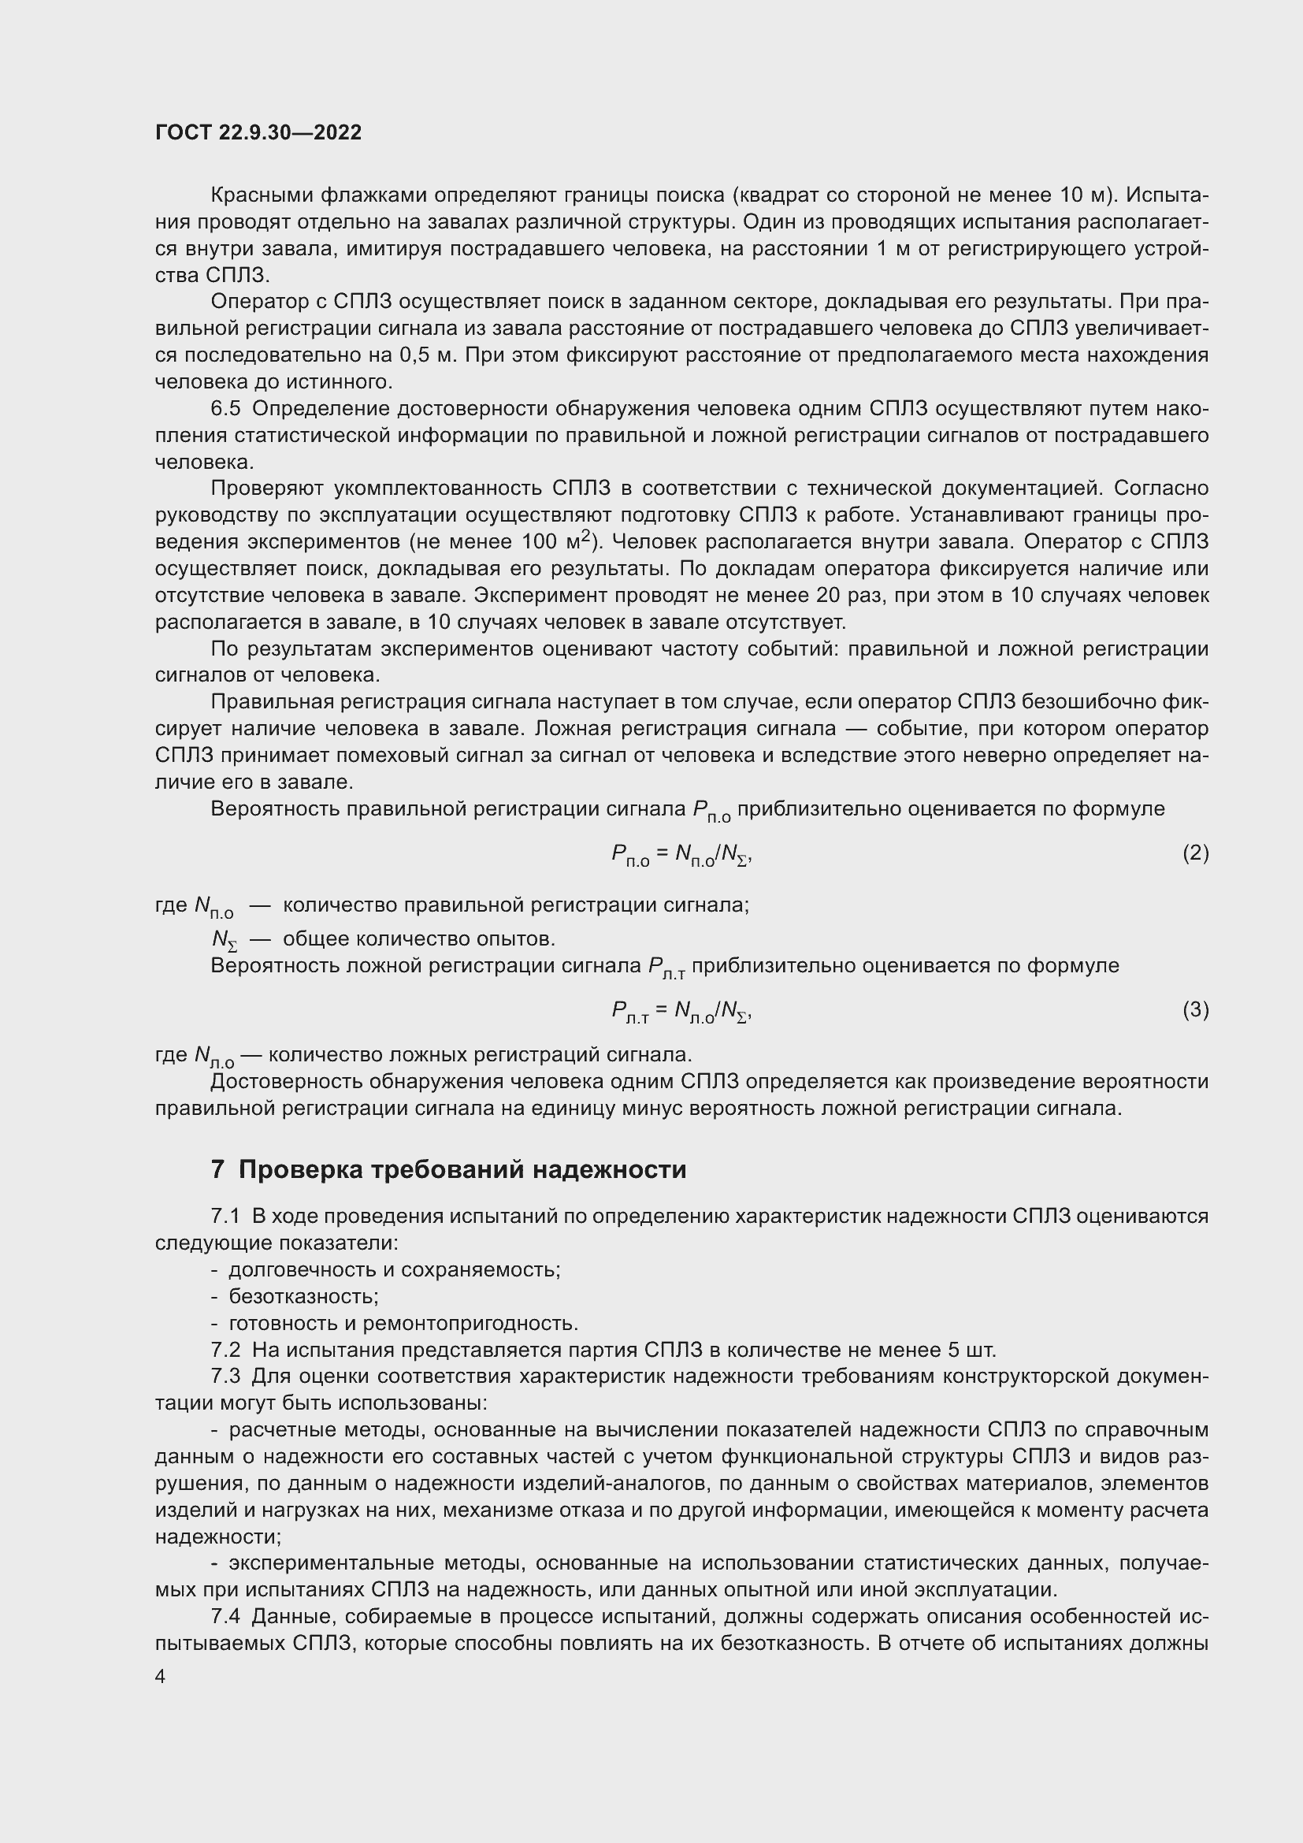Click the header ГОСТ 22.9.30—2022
click(x=258, y=132)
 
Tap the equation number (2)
click(x=1195, y=853)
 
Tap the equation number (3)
click(x=1195, y=1010)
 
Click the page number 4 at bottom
click(x=161, y=1677)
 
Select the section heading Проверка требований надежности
click(x=462, y=1170)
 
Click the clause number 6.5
click(x=225, y=409)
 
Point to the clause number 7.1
click(x=225, y=1216)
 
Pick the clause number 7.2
click(x=225, y=1351)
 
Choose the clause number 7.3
click(x=225, y=1377)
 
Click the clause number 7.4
click(x=225, y=1616)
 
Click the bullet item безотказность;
click(x=303, y=1296)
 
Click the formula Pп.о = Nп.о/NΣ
click(x=681, y=856)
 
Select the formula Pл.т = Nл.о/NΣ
click(x=681, y=1013)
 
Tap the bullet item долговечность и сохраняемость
click(x=394, y=1270)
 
